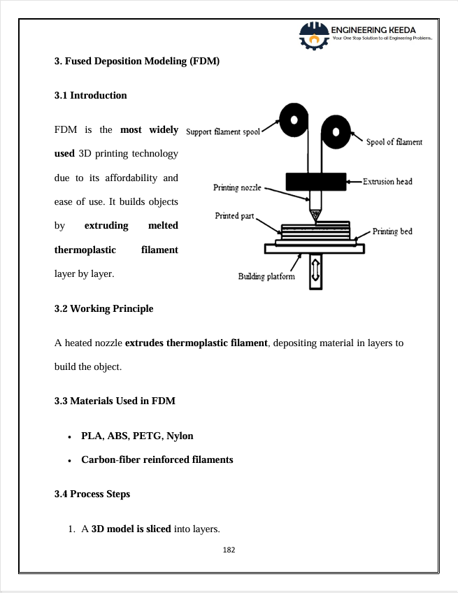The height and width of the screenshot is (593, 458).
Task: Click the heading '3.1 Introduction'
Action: click(90, 95)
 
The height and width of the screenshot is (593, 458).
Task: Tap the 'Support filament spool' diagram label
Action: click(223, 131)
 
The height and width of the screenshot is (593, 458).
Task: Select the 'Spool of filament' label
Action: click(394, 142)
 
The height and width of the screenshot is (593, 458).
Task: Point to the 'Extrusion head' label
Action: click(387, 182)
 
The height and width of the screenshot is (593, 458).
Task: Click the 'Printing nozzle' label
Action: click(237, 187)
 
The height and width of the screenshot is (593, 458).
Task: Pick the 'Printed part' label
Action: click(234, 216)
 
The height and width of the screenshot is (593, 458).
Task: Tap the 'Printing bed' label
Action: click(392, 231)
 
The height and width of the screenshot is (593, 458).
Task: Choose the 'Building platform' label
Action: click(266, 276)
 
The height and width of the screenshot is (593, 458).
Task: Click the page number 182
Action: click(229, 550)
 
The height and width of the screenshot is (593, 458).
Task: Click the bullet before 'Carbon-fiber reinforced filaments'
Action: click(70, 461)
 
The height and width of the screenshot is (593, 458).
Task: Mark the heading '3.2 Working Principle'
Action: click(103, 308)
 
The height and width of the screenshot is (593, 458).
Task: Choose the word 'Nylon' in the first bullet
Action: click(180, 436)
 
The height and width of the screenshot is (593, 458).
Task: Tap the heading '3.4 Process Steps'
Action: click(92, 494)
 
